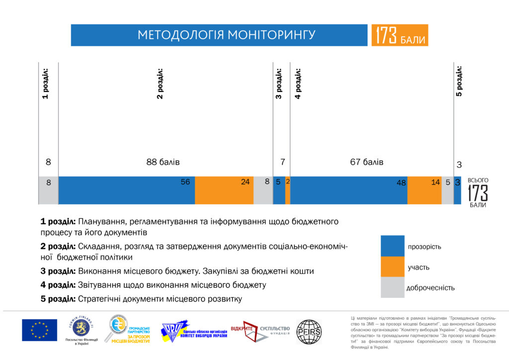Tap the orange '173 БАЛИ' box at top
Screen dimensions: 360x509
(400, 35)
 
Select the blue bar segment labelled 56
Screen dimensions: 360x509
(126, 190)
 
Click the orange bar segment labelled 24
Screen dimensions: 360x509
(224, 190)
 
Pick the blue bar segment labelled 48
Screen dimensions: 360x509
(348, 190)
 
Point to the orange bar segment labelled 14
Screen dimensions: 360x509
(424, 190)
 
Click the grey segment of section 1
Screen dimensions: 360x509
(48, 190)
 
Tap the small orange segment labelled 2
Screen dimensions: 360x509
(288, 190)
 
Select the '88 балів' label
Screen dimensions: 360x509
(163, 162)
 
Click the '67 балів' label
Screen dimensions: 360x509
(367, 162)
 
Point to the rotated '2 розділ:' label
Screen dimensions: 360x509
(160, 83)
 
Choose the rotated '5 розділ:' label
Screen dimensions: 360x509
(459, 81)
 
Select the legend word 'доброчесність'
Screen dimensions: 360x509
(430, 288)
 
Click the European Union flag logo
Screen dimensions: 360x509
(39, 330)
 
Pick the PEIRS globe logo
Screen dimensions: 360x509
(309, 331)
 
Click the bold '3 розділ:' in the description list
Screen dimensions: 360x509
(58, 271)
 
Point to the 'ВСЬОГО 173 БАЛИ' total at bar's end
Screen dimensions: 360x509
(478, 192)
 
